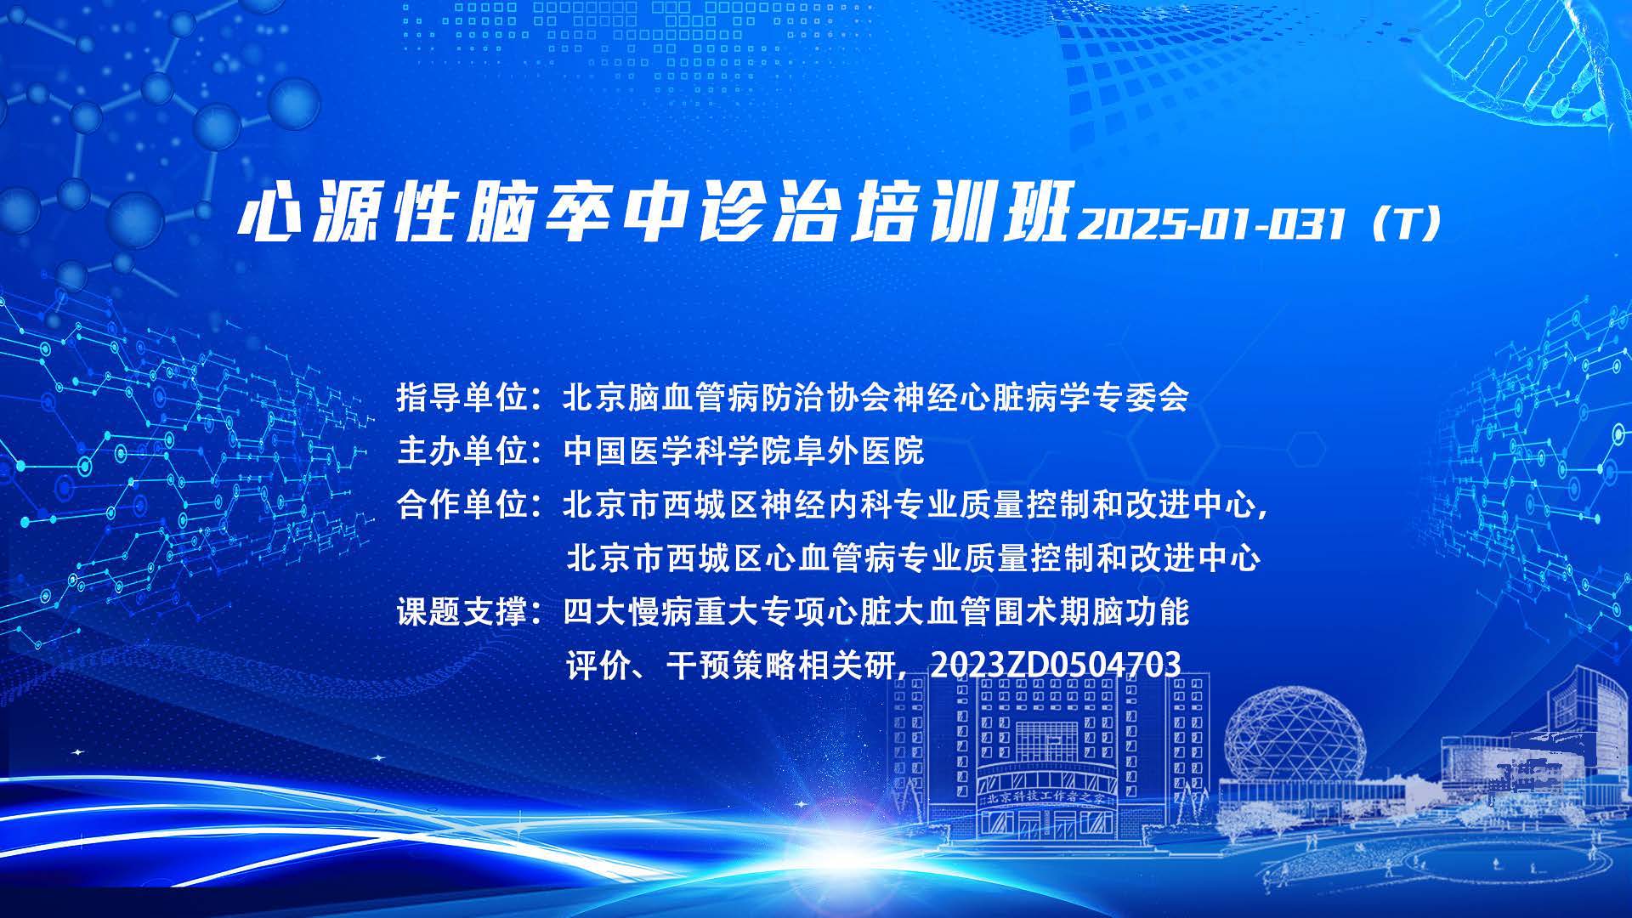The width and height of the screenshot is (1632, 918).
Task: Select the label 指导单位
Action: point(462,397)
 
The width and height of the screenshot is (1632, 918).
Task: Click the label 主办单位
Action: point(462,450)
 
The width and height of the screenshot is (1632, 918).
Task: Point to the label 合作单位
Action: point(462,505)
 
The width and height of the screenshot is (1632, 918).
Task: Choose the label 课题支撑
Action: point(462,611)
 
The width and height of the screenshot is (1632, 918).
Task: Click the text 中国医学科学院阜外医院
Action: point(744,450)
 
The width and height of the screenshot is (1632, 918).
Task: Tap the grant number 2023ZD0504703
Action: point(1056,665)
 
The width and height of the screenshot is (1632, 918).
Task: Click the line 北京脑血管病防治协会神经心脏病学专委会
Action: point(875,397)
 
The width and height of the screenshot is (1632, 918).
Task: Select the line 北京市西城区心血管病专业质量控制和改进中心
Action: point(914,558)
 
